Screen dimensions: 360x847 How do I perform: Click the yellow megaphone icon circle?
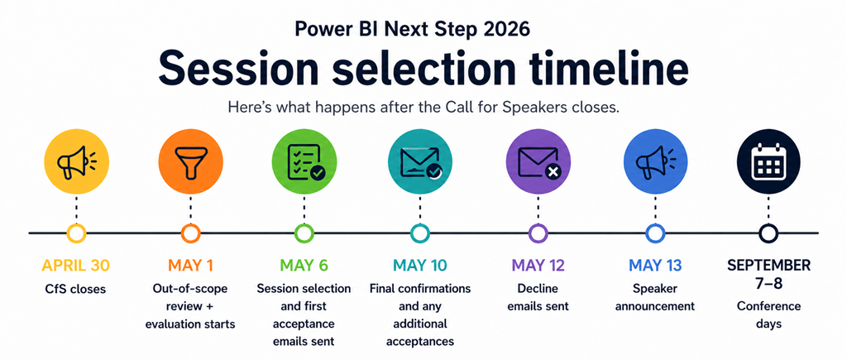(x=76, y=162)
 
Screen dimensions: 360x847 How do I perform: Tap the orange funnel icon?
(x=190, y=162)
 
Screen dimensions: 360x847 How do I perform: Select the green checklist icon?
(x=304, y=162)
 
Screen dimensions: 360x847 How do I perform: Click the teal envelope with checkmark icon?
(x=420, y=162)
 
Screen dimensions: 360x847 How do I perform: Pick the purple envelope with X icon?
(x=538, y=162)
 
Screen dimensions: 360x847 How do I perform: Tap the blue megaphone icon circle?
(x=654, y=162)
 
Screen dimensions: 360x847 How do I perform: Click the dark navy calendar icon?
(x=768, y=162)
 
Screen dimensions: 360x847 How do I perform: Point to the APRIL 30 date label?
(x=76, y=266)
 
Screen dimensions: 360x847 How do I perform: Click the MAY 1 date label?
(x=190, y=266)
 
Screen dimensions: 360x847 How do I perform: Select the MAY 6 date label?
(x=304, y=266)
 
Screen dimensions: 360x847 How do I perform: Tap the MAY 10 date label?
(x=420, y=266)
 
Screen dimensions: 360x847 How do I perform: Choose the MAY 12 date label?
(x=538, y=266)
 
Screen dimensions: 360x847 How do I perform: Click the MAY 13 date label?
(x=654, y=266)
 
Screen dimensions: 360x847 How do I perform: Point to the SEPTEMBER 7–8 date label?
(x=768, y=275)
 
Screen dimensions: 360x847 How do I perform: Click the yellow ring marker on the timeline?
(x=76, y=233)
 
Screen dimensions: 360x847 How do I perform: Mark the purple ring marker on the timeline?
(x=538, y=233)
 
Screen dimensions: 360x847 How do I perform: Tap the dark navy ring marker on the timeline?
(x=768, y=233)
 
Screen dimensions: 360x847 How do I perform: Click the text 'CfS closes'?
(x=76, y=290)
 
